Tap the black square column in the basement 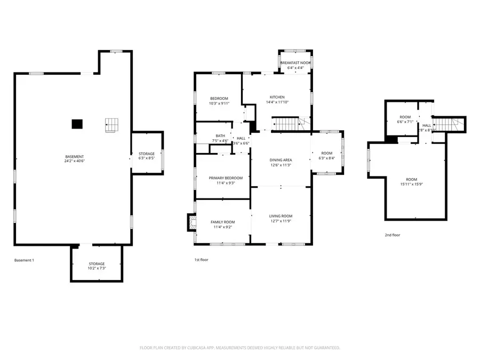click(x=77, y=124)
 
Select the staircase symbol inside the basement click(x=111, y=125)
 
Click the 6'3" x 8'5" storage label click(x=147, y=156)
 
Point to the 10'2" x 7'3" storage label click(x=97, y=266)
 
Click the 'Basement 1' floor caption click(x=24, y=260)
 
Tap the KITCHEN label click(x=277, y=99)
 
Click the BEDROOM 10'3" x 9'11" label click(x=219, y=101)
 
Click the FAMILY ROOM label click(x=223, y=225)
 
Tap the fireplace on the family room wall click(x=190, y=222)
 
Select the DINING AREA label click(x=281, y=163)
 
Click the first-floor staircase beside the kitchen click(x=288, y=124)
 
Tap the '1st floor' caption click(x=201, y=260)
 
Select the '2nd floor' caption click(x=392, y=235)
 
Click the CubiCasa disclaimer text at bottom click(x=239, y=347)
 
